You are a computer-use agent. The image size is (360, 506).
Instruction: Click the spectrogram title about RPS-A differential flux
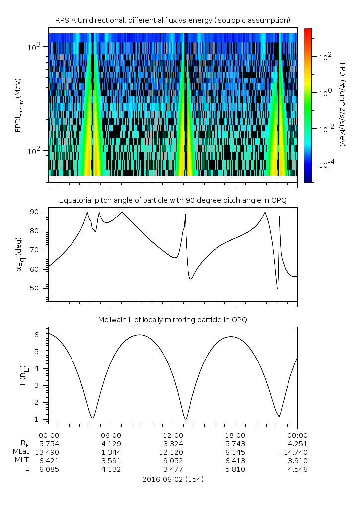coord(172,20)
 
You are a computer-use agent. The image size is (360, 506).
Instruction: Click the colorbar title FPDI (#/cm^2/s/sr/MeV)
coord(343,104)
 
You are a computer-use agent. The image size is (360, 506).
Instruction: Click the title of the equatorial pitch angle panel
coord(172,200)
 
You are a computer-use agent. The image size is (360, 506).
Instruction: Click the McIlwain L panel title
coord(172,320)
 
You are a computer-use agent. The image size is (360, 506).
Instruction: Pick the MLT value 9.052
coord(173,460)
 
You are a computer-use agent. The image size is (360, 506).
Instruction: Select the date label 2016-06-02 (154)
coord(173,479)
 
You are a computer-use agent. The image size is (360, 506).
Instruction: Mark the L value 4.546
coord(297,469)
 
